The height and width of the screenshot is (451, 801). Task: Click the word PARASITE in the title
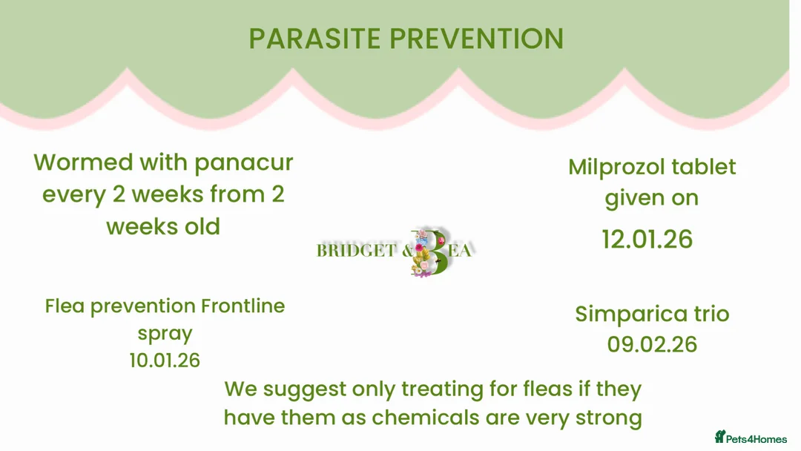click(314, 39)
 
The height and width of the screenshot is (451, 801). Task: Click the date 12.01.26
click(647, 239)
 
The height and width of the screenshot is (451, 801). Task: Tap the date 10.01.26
click(165, 360)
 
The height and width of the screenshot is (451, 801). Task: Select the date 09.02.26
click(652, 344)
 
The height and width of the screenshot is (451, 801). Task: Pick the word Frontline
click(243, 306)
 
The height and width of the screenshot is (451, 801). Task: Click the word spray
click(165, 334)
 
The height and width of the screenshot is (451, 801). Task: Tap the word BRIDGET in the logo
click(357, 251)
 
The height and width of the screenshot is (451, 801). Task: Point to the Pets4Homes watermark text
click(756, 439)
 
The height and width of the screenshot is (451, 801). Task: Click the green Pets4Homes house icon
click(719, 437)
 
